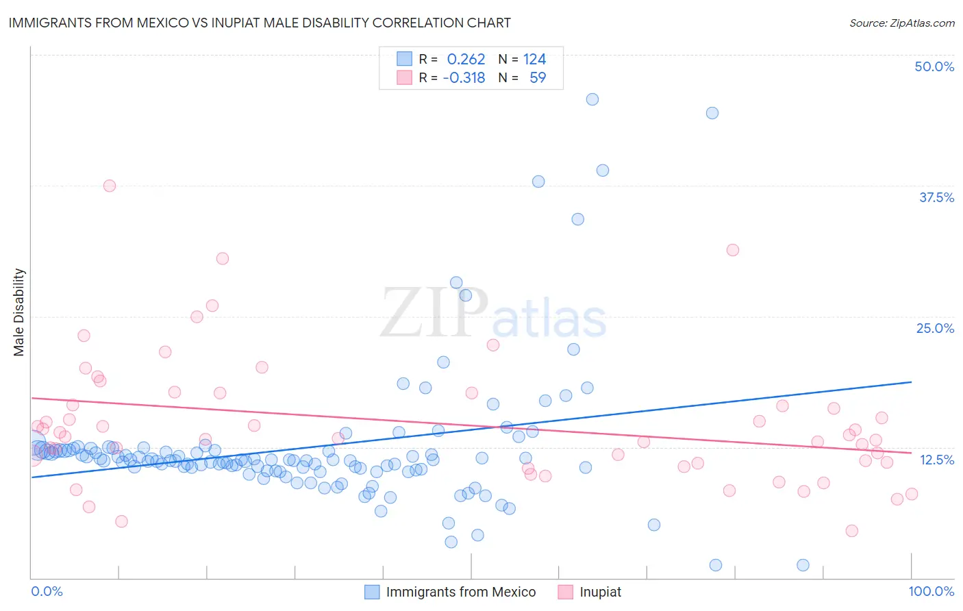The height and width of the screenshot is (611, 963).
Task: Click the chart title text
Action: coord(260,23)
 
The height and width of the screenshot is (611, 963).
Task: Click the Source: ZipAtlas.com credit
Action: coord(901,23)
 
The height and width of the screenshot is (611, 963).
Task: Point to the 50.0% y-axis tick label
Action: coord(934,66)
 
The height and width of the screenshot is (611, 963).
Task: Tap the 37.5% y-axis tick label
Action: coord(936,197)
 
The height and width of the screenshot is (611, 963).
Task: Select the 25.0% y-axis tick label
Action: coord(935,328)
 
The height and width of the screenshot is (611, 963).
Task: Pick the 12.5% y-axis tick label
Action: coord(936,460)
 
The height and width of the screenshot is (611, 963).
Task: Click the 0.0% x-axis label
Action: coord(47,591)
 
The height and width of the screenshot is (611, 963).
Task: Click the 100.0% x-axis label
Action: coord(931,591)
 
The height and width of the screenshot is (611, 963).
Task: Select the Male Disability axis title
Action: coord(19,312)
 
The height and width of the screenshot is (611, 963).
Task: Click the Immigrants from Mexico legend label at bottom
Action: coord(460,592)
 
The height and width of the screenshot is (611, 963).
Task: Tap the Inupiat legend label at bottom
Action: coord(600,592)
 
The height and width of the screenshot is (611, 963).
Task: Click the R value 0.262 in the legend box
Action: coord(466,60)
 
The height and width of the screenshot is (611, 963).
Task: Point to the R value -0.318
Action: coord(464,78)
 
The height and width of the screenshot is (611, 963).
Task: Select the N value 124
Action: coord(534,60)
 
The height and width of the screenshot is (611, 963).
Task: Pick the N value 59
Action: coord(538,78)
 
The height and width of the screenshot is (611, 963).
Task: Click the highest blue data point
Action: coord(592,99)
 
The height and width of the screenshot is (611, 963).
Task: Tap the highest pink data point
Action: coord(110,186)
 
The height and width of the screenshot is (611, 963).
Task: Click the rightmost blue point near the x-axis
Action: coord(803,565)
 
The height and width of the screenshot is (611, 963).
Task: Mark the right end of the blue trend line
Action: coord(912,382)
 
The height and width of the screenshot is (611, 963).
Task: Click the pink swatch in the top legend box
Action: coord(405,78)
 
